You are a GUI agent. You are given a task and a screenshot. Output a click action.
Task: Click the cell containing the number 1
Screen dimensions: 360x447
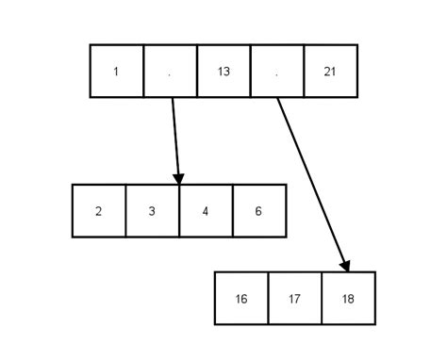116,71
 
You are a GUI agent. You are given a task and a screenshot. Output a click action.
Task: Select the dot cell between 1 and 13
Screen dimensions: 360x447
170,71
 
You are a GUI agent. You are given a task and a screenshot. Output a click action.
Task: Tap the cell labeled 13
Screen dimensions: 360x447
223,71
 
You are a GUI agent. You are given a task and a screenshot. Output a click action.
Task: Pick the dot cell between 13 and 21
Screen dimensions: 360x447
277,71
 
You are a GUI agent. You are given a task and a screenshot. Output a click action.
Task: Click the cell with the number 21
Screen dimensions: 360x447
331,71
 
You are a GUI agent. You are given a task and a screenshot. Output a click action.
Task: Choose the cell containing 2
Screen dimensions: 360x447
99,211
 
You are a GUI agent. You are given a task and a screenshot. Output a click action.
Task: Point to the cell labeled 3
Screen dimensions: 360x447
152,211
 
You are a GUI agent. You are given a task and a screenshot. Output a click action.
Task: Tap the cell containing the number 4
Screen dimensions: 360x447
206,211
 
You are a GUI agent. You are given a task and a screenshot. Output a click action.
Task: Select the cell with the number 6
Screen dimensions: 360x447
259,211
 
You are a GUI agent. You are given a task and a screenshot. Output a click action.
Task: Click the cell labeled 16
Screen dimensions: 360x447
241,299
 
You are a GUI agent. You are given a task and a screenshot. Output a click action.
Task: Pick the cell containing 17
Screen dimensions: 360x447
294,299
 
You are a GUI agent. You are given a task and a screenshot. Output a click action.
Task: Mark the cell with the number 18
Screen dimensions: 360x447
348,299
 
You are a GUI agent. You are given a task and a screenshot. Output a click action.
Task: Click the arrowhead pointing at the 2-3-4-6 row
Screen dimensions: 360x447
178,177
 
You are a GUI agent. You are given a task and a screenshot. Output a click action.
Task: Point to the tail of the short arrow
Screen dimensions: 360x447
173,99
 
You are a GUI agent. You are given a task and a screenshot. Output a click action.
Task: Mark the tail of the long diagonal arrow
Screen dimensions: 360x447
278,99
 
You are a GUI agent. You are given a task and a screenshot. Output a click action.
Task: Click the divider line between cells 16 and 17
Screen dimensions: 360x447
269,299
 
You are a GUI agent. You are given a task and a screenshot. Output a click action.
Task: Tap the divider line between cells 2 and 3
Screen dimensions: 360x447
125,211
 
